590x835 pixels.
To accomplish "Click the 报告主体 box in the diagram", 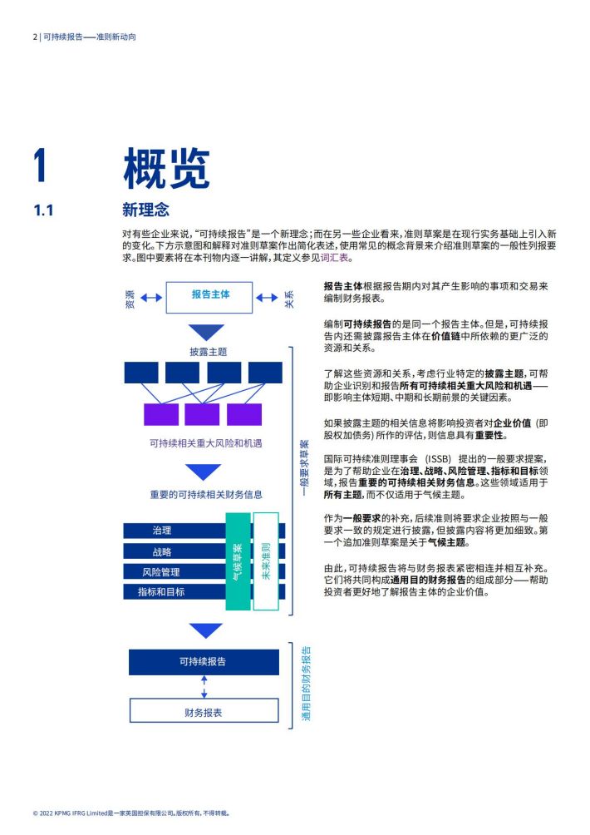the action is [x=209, y=297].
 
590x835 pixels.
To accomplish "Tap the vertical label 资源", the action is [x=130, y=299].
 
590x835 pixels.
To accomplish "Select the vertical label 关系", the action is [x=289, y=299].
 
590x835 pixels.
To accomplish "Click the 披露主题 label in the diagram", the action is [x=209, y=352].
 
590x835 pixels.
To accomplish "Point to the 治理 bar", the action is [x=175, y=531].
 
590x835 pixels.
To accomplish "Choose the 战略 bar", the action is [x=175, y=551].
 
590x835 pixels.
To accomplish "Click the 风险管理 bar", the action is [x=175, y=572].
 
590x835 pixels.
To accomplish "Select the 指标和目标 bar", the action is [x=175, y=591].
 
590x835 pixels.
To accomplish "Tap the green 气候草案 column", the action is [x=238, y=561].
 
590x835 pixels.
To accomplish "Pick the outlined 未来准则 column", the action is [x=266, y=561].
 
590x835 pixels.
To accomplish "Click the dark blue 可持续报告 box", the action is [x=204, y=662].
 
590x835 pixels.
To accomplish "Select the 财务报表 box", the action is [x=204, y=711].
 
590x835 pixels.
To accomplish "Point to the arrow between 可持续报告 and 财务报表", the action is [x=204, y=687].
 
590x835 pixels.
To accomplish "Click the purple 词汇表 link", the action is [x=335, y=258].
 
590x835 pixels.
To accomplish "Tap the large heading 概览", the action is [x=166, y=168].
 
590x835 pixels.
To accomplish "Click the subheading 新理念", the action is [x=145, y=210].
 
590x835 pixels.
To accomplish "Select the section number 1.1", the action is [x=43, y=210].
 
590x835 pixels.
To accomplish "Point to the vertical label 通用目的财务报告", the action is [x=307, y=684].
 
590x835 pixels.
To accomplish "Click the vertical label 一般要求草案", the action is [x=304, y=467].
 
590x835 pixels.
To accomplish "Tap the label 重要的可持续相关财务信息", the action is [x=206, y=495].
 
